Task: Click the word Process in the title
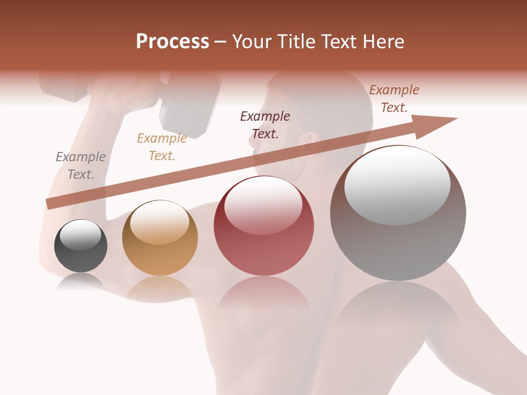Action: coord(172,42)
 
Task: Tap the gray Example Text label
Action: coord(81,166)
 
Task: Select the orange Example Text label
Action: coord(162,147)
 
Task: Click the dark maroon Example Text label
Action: coord(265,125)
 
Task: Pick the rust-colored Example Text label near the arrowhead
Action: coord(394,99)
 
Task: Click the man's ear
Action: coord(311,140)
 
